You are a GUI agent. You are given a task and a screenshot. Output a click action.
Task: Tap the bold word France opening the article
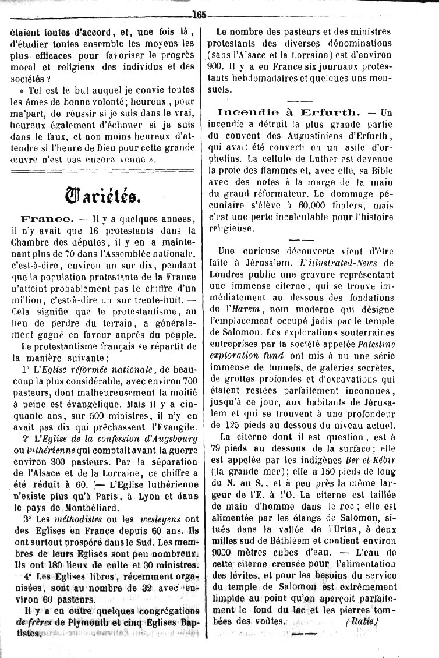pos(47,219)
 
